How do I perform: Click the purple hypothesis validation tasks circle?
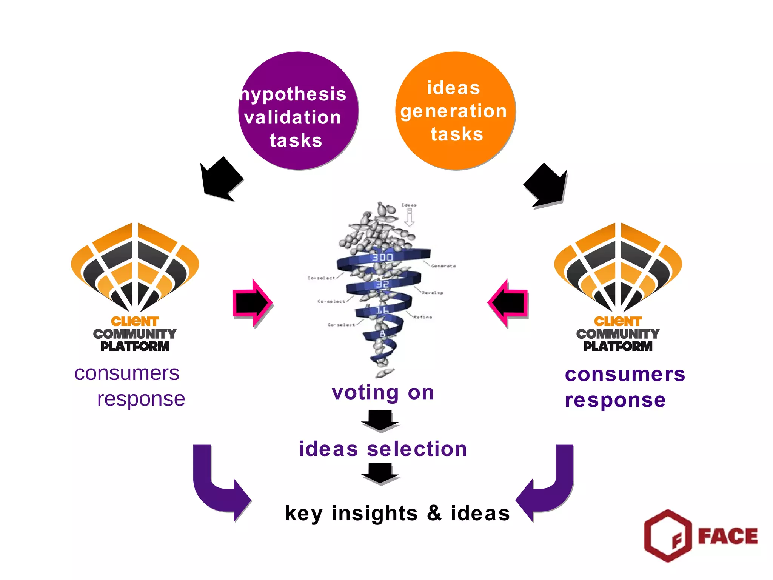[298, 111]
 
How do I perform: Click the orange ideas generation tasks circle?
[455, 111]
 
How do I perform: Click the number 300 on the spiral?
[382, 258]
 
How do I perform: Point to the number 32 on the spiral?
[382, 284]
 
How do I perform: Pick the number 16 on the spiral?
[382, 310]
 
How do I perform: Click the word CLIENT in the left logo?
[135, 322]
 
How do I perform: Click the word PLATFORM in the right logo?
[618, 346]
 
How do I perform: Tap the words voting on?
[383, 393]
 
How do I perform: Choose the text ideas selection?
[383, 449]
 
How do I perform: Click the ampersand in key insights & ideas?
[434, 513]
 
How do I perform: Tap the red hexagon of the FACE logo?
[668, 535]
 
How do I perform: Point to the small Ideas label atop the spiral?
[409, 205]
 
